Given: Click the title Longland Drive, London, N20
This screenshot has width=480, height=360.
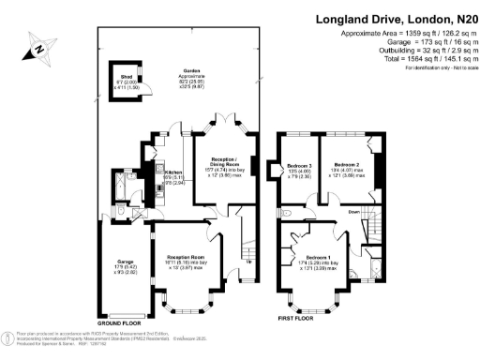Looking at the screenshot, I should tap(396, 18).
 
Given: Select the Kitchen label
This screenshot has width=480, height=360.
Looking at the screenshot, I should tap(173, 172).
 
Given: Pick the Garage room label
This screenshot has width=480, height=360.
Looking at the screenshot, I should tap(113, 262).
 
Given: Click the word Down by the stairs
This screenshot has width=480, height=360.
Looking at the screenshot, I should tap(354, 212).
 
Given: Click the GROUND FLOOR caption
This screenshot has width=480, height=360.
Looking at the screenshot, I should tap(122, 322).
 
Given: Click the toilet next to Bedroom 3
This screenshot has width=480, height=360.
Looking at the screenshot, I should tap(286, 215).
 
